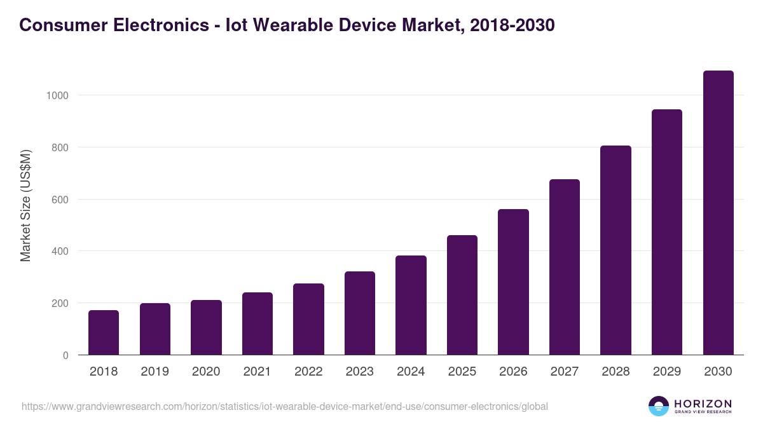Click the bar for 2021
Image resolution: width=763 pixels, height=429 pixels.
click(258, 323)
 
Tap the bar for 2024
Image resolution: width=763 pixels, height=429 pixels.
click(411, 305)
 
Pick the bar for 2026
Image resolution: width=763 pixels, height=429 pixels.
click(513, 282)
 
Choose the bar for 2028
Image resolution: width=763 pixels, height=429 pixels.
click(615, 250)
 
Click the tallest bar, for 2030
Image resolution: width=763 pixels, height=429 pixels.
click(718, 213)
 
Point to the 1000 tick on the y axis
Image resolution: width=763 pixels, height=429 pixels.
click(57, 95)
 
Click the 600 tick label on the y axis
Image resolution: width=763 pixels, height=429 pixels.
click(60, 200)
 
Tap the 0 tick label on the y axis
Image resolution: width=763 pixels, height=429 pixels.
click(65, 355)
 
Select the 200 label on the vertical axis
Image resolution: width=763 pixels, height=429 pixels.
click(60, 303)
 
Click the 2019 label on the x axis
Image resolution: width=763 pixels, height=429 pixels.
click(155, 372)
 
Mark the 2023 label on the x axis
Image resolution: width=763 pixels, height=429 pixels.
click(359, 372)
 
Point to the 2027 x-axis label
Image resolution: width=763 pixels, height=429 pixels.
click(564, 372)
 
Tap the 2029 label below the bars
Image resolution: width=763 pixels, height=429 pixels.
click(666, 372)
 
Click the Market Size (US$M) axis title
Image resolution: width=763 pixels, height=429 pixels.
click(25, 205)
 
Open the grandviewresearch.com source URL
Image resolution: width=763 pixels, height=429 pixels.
click(284, 406)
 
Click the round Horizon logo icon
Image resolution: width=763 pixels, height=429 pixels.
click(659, 406)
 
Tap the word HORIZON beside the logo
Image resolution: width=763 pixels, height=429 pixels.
click(703, 404)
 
